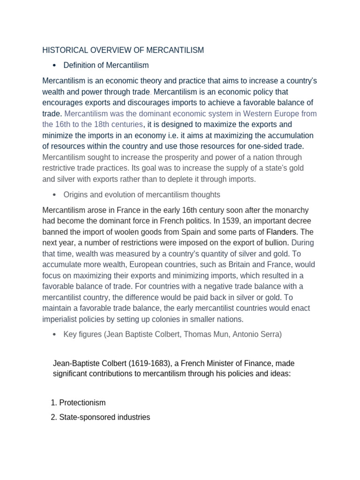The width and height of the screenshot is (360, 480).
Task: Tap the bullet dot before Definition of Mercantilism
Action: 55,65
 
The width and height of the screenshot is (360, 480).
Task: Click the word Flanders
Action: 282,232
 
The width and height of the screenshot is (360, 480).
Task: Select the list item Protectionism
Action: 82,403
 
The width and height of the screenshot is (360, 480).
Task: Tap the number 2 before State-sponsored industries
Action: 52,417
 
